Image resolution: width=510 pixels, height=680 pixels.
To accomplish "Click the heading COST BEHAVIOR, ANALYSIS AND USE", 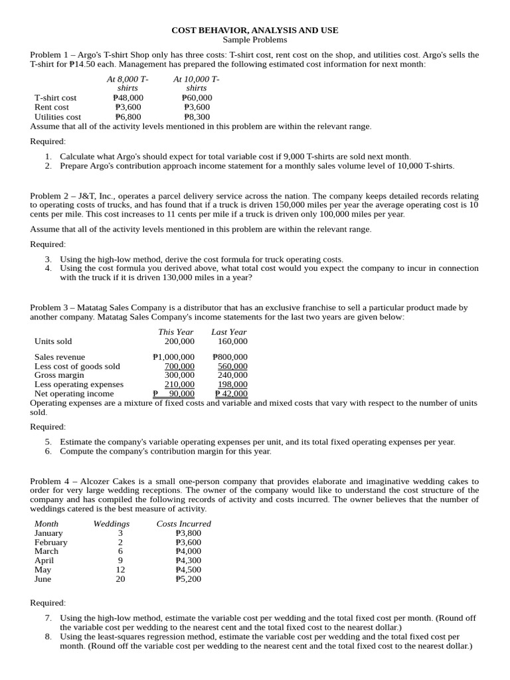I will pyautogui.click(x=255, y=31).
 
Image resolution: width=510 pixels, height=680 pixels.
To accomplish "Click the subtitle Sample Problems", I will pyautogui.click(x=255, y=40).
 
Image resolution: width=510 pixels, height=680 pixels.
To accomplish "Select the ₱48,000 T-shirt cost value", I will pyautogui.click(x=128, y=98).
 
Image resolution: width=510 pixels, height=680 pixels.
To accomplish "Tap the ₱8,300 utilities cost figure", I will pyautogui.click(x=197, y=117).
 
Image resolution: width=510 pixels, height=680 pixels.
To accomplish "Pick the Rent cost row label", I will pyautogui.click(x=52, y=107).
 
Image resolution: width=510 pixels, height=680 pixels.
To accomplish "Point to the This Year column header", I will pyautogui.click(x=176, y=332).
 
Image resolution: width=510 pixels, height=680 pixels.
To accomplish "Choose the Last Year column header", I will pyautogui.click(x=229, y=332).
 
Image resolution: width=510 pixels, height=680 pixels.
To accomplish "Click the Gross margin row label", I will pyautogui.click(x=59, y=375).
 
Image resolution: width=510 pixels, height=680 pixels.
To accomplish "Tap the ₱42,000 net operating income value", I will pyautogui.click(x=231, y=394).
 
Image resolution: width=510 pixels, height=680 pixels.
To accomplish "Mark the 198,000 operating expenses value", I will pyautogui.click(x=232, y=384).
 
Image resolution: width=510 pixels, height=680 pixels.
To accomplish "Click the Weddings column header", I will pyautogui.click(x=112, y=524).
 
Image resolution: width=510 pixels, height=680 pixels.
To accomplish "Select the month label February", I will pyautogui.click(x=50, y=543).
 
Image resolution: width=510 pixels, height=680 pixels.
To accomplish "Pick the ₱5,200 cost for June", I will pyautogui.click(x=188, y=579).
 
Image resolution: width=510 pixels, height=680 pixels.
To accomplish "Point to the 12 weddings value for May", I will pyautogui.click(x=120, y=570).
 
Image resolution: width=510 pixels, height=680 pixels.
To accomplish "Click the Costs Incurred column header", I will pyautogui.click(x=184, y=524).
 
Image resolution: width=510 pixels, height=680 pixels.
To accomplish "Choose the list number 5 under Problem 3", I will pyautogui.click(x=48, y=442).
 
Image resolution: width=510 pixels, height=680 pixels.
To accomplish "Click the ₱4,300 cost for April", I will pyautogui.click(x=188, y=560).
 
